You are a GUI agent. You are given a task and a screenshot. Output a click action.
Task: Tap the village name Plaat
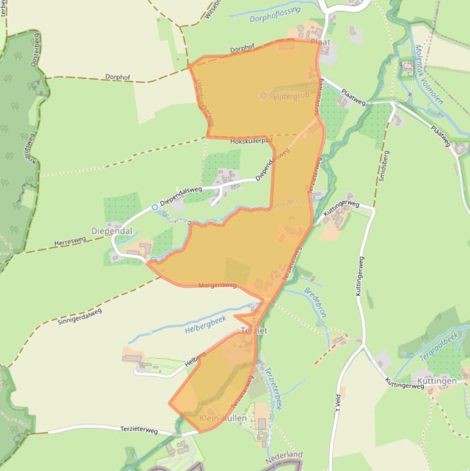(x=320, y=42)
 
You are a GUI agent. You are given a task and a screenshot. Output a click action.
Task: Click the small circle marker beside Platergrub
(x=263, y=95)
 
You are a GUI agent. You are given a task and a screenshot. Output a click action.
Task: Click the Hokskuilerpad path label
(x=251, y=142)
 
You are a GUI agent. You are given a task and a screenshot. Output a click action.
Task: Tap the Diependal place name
(x=111, y=231)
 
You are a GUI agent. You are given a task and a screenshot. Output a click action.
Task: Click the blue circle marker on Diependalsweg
(x=155, y=207)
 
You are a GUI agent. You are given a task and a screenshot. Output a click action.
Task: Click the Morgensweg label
(x=218, y=286)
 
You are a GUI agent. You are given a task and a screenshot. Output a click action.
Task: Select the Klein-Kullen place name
(x=223, y=418)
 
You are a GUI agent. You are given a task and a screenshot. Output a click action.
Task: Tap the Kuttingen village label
(x=438, y=381)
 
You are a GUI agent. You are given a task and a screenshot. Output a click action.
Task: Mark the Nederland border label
(x=284, y=456)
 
